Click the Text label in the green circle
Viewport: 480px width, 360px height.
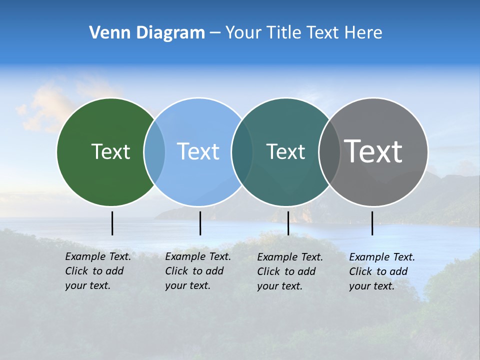click(x=110, y=151)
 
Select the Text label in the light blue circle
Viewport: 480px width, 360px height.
click(x=198, y=151)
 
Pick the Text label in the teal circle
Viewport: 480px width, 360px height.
click(x=285, y=151)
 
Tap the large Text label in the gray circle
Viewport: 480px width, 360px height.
click(x=373, y=151)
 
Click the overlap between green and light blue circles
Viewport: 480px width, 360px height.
click(x=154, y=152)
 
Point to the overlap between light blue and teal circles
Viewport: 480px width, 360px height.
click(x=242, y=152)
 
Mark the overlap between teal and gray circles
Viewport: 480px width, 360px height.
click(x=329, y=152)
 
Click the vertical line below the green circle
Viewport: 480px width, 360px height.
click(x=112, y=223)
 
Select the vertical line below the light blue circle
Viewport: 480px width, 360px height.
click(x=200, y=223)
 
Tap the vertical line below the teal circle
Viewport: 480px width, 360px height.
click(x=288, y=223)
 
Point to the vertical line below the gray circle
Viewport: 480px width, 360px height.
click(x=372, y=223)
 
